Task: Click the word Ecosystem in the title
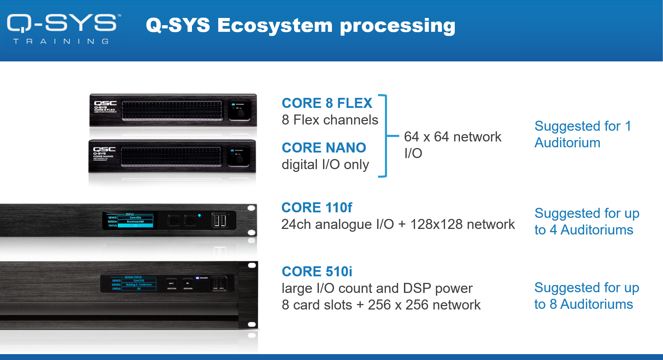(275, 26)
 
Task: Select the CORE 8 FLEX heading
(327, 103)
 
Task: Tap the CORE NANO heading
(324, 148)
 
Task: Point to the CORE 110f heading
(316, 207)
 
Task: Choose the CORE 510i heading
(317, 271)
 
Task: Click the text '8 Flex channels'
(330, 120)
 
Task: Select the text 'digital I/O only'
(325, 165)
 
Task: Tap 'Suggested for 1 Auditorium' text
(582, 134)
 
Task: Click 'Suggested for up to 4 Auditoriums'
(587, 221)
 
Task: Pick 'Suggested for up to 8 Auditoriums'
(587, 296)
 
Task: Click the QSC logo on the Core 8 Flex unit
(105, 103)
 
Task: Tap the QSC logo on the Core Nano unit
(104, 149)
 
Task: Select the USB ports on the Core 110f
(219, 220)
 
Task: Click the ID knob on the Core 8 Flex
(241, 113)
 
